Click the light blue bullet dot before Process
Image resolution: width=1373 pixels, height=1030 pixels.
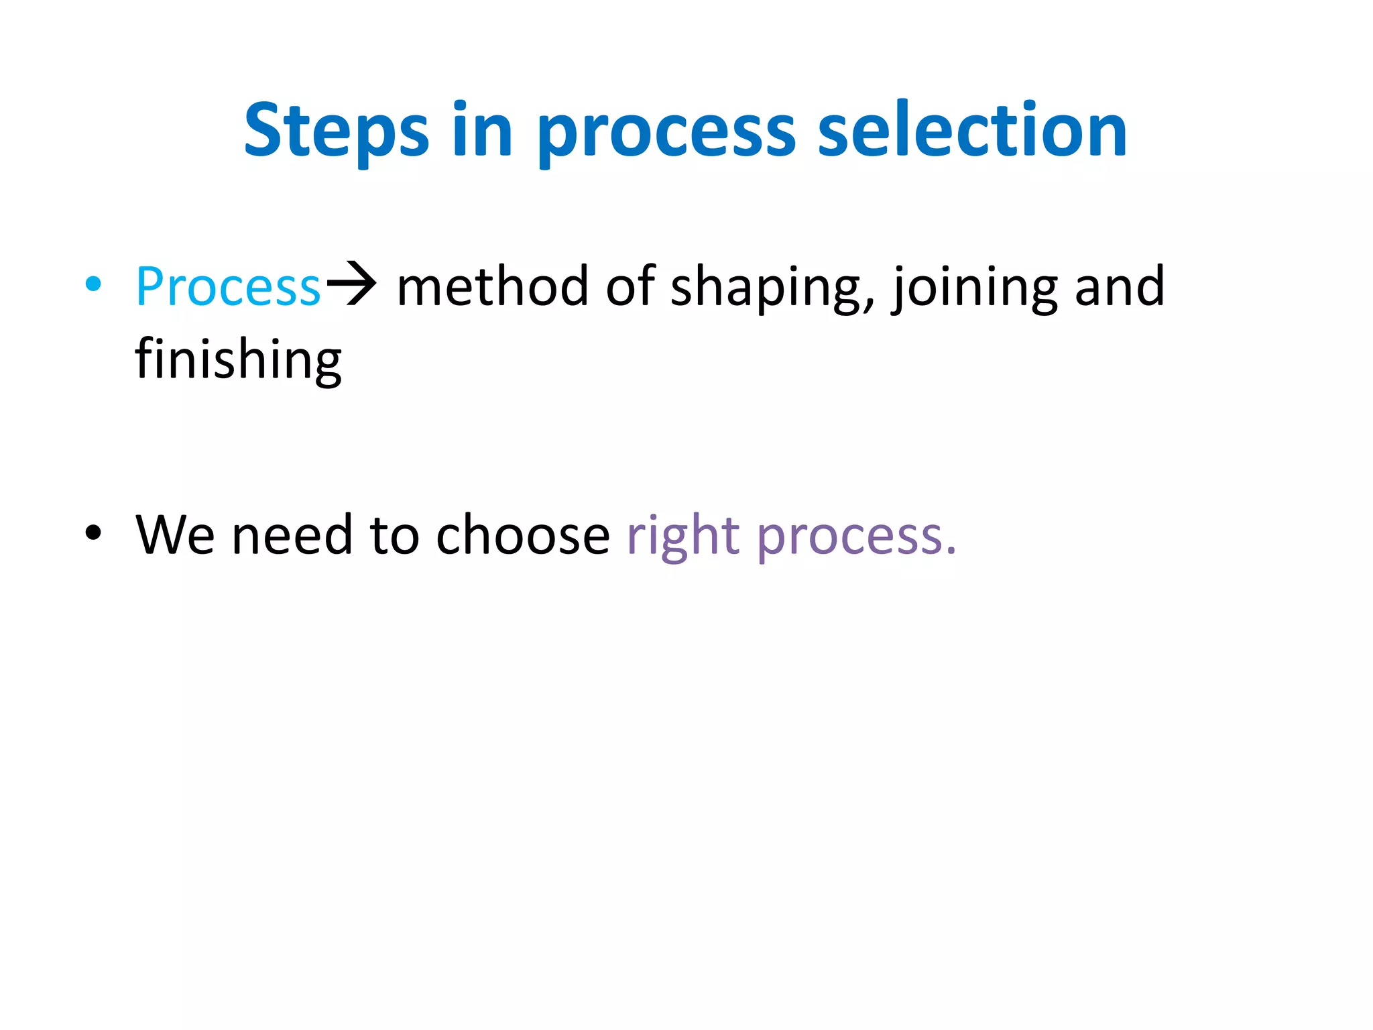94,284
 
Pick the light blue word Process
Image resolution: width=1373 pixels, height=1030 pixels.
228,287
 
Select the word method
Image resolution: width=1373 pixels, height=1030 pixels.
493,286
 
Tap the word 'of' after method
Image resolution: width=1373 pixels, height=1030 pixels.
630,286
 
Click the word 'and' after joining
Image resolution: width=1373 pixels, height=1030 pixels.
1120,286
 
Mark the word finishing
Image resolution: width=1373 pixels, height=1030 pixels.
238,361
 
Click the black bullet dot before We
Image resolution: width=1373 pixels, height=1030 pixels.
94,532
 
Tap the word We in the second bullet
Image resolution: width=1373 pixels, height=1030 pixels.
175,534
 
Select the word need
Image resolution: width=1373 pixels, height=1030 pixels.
292,534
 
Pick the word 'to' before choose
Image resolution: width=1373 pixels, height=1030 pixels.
395,536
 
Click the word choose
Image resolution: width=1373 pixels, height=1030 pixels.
523,534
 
